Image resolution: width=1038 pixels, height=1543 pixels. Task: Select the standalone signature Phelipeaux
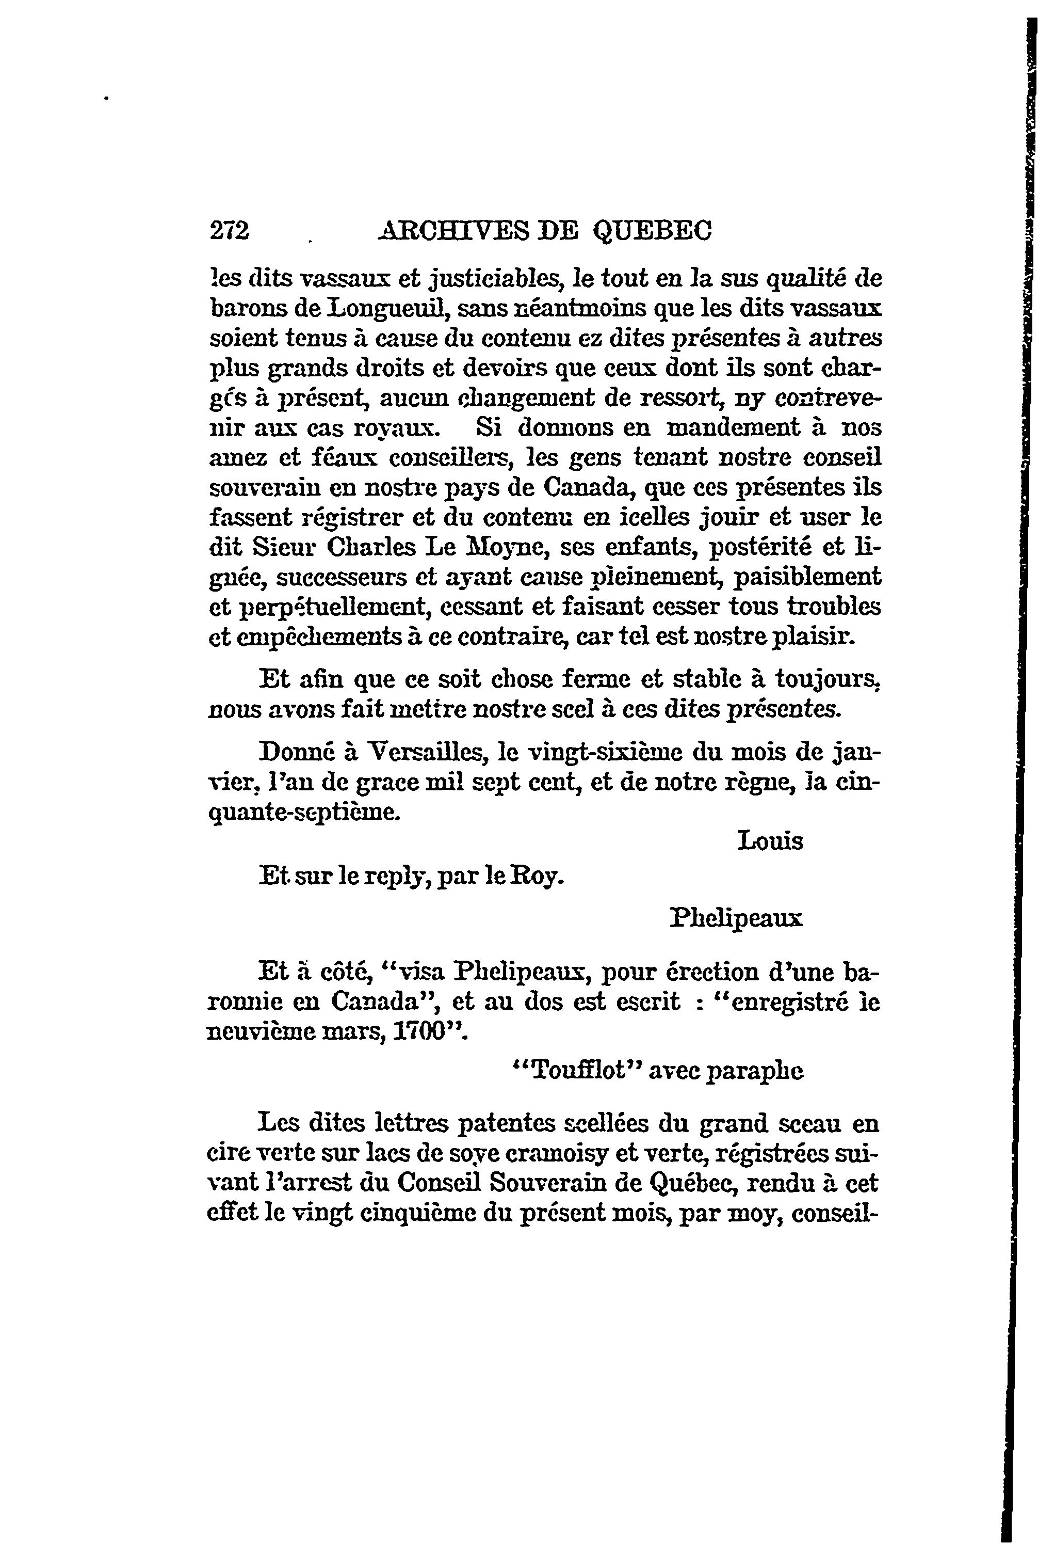[736, 919]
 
